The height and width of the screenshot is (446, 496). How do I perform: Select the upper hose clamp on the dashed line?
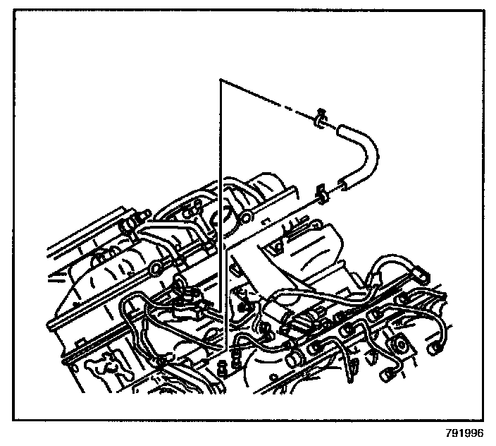coord(320,121)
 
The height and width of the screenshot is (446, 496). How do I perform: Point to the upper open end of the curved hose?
coord(341,128)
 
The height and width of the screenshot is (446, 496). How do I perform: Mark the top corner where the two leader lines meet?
coord(221,80)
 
